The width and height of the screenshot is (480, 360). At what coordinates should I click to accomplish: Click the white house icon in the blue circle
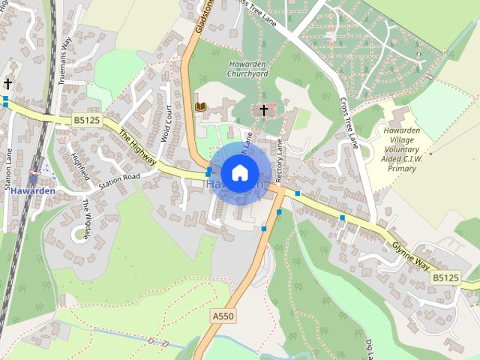click(239, 172)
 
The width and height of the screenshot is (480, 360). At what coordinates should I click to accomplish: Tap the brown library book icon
click(200, 106)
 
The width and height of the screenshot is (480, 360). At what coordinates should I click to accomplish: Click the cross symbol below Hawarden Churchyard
click(263, 111)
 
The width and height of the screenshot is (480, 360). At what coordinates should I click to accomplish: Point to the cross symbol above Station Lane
click(8, 83)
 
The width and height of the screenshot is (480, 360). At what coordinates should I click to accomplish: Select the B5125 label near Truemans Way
click(88, 119)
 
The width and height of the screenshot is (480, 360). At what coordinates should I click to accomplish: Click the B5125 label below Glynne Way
click(445, 277)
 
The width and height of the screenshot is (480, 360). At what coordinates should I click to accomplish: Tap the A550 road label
click(223, 316)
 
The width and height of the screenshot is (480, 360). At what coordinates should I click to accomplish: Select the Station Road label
click(120, 180)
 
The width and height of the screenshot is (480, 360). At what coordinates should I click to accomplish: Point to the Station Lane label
click(10, 172)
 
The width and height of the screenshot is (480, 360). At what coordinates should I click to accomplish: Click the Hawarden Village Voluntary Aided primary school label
click(401, 149)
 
